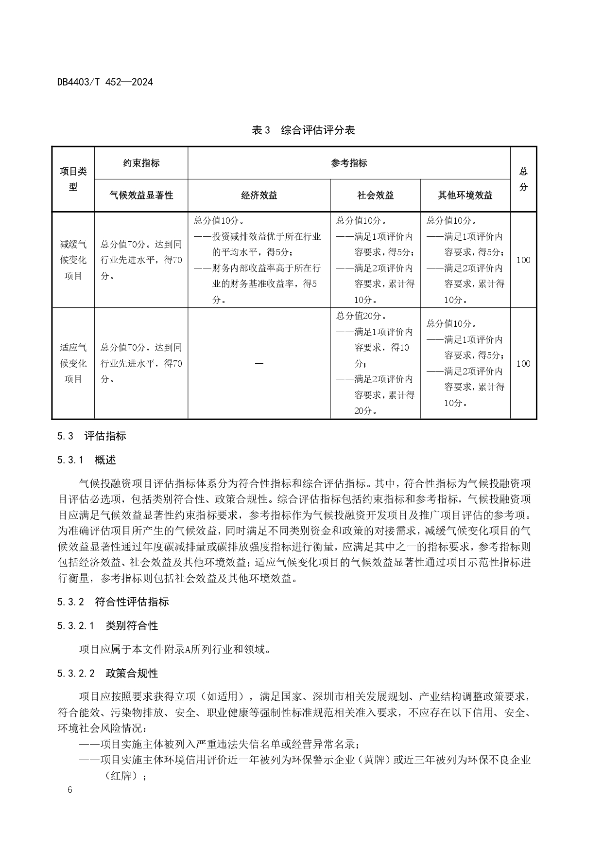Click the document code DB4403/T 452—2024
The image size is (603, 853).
105,82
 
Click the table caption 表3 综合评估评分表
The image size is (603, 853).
303,130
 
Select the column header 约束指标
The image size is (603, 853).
141,163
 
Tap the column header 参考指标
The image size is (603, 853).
349,163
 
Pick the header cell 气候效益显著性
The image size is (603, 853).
141,195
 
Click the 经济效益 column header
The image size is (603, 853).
259,195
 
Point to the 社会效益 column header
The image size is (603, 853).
375,195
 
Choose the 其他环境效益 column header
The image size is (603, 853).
465,195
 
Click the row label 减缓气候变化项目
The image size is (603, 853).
73,260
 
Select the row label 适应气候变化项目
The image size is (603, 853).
73,363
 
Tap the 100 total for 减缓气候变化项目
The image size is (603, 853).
523,260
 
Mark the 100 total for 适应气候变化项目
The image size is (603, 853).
523,364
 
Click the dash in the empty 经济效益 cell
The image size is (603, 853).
259,364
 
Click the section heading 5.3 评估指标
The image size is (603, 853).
91,436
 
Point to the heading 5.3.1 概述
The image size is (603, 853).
86,460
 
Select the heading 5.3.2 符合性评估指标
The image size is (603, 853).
113,602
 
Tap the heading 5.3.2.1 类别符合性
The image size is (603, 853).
107,626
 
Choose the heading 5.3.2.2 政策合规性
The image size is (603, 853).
107,674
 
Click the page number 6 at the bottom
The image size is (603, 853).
70,790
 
